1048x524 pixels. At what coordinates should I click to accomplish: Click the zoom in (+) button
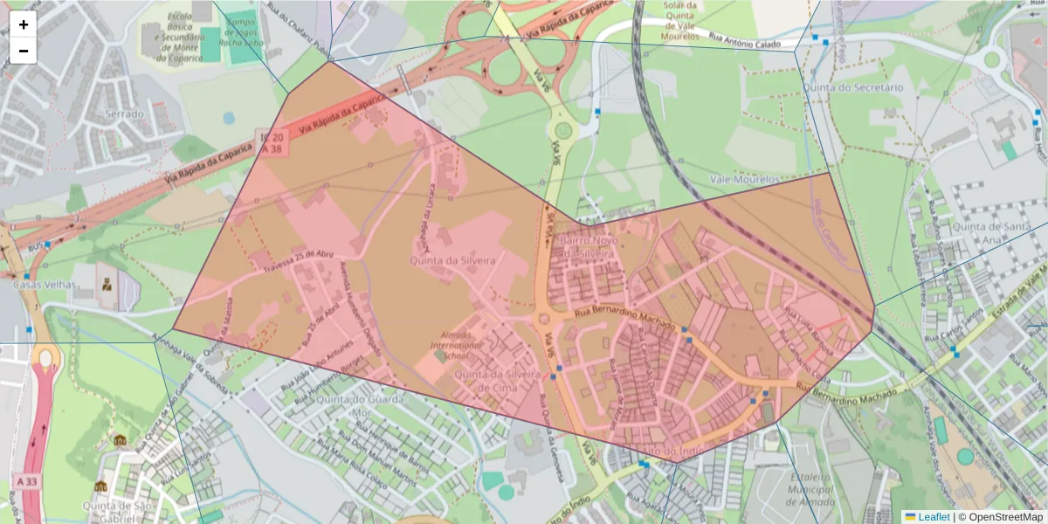(24, 24)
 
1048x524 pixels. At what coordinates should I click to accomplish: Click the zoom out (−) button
(24, 51)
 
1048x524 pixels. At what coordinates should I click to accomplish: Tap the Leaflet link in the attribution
(933, 517)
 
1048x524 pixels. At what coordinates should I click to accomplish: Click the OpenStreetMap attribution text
(1000, 517)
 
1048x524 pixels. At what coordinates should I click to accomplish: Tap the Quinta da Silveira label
(453, 261)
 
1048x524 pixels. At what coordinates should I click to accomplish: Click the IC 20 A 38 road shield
(272, 144)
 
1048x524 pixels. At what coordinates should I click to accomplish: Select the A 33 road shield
(25, 481)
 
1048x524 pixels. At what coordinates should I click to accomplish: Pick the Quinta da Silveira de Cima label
(492, 382)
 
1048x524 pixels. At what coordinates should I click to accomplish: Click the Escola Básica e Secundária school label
(180, 37)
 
